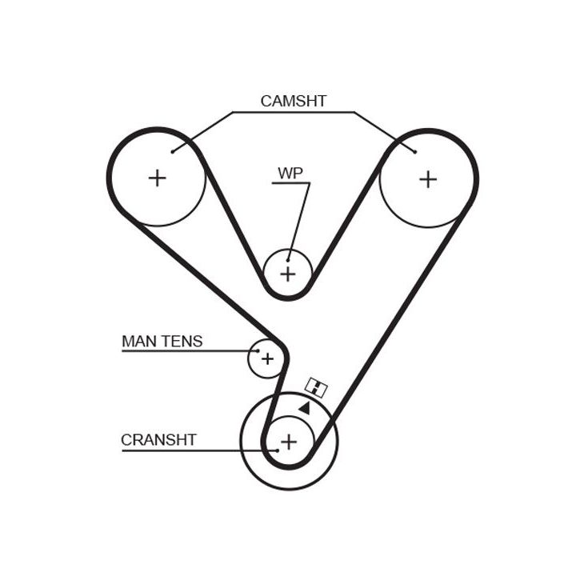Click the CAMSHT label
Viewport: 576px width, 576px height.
(x=294, y=102)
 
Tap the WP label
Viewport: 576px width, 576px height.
(x=289, y=173)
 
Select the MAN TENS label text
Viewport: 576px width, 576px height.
(x=162, y=342)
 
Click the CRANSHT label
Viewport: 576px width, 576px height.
(x=158, y=439)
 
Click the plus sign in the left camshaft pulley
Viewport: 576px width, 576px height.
(x=158, y=178)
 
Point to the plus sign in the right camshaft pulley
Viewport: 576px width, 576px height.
(x=428, y=178)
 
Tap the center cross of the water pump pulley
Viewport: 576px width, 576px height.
(x=288, y=274)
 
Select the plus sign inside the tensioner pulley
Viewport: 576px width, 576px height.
(x=267, y=358)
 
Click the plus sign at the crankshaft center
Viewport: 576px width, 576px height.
(x=289, y=440)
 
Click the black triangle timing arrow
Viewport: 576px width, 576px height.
(x=305, y=407)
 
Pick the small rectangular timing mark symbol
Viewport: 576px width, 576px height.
(x=317, y=389)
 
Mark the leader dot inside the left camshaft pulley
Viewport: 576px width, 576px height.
(x=173, y=150)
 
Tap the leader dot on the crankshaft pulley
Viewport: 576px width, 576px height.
(x=277, y=450)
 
